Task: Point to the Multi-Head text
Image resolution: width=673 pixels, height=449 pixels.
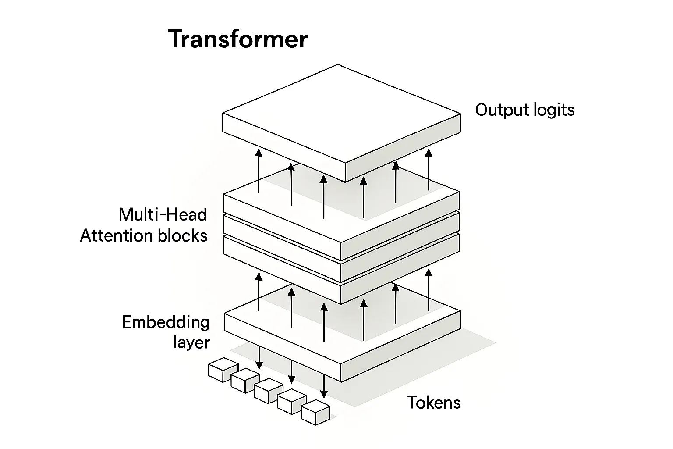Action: (163, 215)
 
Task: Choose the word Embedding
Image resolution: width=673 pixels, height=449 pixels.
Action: (166, 322)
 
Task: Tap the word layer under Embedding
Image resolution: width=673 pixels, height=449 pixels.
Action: (191, 342)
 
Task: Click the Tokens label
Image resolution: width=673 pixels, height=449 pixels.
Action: (434, 402)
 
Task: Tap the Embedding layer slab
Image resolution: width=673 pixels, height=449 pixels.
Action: (280, 333)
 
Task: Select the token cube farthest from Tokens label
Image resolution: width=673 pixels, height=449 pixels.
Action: (223, 369)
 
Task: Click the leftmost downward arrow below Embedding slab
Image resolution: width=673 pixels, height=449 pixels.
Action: (259, 357)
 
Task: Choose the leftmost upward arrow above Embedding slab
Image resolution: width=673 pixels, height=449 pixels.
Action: (259, 292)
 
